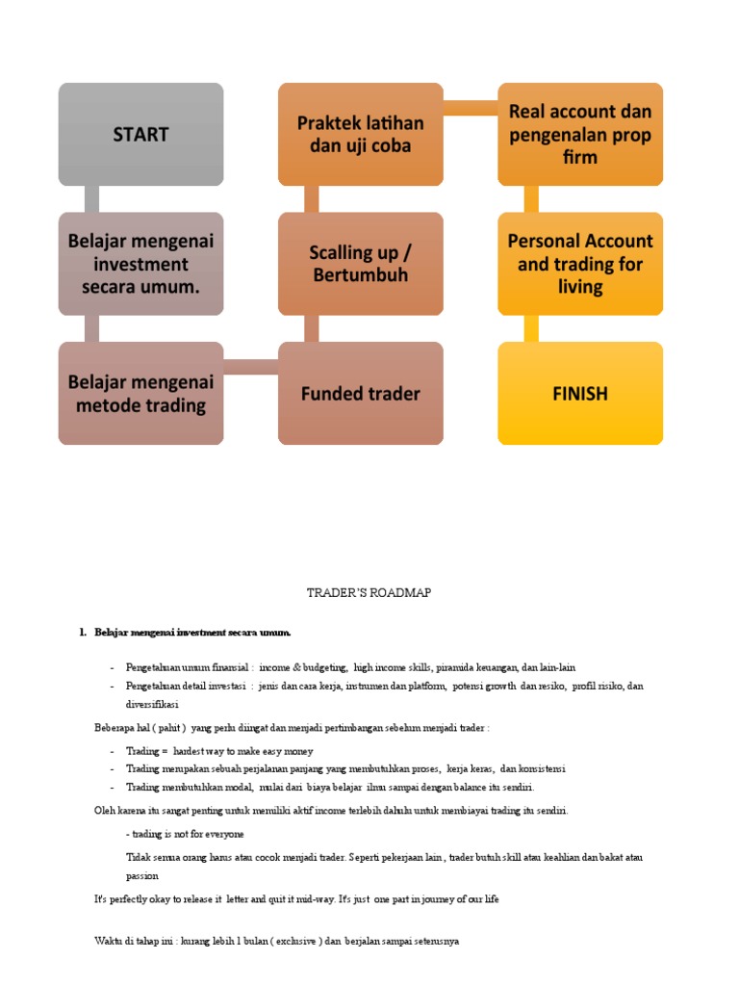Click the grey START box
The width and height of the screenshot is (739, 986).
coord(140,135)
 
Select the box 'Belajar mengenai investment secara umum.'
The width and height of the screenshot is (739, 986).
coord(140,264)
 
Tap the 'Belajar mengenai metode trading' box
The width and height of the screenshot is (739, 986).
coord(140,393)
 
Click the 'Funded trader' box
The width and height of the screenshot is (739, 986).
coord(361,393)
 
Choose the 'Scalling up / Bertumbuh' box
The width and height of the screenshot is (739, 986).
coord(361,264)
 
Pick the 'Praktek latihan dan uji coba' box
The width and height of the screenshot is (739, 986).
coord(361,135)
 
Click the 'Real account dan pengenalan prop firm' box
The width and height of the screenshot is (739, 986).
coord(580,135)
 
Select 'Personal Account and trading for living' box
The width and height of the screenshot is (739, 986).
coord(580,264)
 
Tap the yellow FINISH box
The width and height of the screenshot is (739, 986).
coord(580,393)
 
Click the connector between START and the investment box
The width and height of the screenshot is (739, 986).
coord(91,199)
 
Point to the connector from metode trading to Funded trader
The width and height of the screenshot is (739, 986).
coord(251,367)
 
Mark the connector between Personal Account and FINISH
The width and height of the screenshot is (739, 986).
coord(531,328)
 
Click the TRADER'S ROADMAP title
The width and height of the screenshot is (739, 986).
coord(369,593)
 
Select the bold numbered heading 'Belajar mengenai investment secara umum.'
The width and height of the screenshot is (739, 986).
coord(192,633)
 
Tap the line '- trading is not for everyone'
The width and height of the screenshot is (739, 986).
coord(185,834)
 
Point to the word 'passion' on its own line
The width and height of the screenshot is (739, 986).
coord(142,876)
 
